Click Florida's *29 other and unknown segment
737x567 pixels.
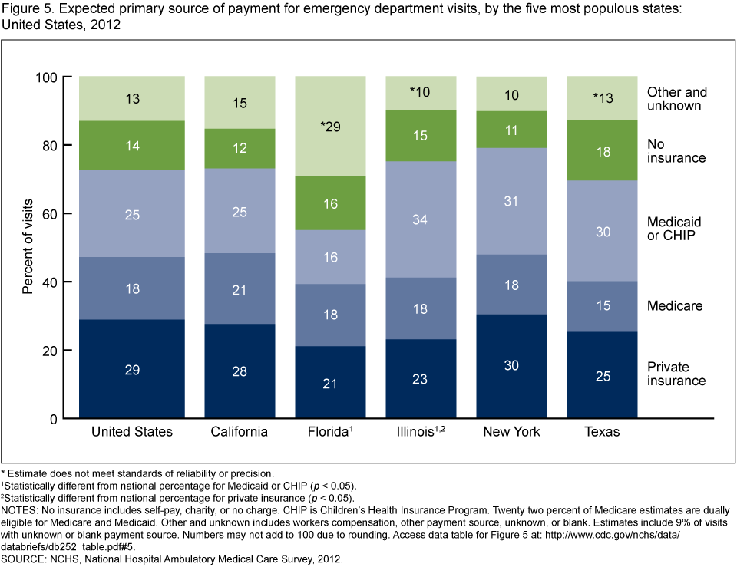[x=330, y=126]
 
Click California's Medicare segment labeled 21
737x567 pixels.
[x=240, y=288]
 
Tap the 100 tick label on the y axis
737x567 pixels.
[x=47, y=77]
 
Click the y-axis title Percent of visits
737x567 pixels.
[x=28, y=247]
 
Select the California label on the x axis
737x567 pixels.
[x=240, y=432]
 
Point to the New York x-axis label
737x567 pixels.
[x=511, y=432]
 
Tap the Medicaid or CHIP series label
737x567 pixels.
[x=674, y=228]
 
